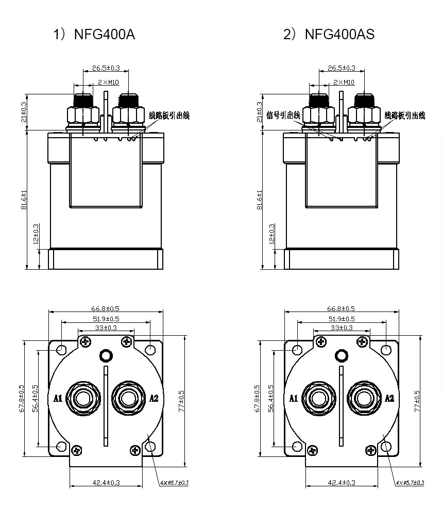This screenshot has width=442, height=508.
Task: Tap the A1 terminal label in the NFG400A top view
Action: [x=58, y=398]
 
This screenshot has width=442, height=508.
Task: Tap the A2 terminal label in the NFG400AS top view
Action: [x=389, y=398]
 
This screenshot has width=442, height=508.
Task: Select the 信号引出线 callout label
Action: [x=284, y=116]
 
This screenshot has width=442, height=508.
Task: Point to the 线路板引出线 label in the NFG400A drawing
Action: [x=169, y=116]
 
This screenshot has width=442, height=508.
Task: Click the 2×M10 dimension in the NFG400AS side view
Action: [x=344, y=82]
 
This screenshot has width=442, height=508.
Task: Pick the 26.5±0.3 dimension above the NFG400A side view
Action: [x=106, y=68]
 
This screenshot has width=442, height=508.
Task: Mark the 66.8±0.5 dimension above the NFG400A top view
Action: [x=106, y=308]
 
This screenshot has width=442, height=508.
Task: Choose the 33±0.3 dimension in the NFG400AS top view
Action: [x=342, y=327]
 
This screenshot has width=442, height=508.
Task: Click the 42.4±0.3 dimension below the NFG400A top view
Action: [x=106, y=483]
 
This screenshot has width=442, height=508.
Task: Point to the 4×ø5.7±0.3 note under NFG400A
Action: [x=174, y=483]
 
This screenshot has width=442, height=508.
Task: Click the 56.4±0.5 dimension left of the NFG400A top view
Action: [x=35, y=397]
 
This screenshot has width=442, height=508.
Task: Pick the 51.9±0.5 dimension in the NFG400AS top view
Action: [x=342, y=319]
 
